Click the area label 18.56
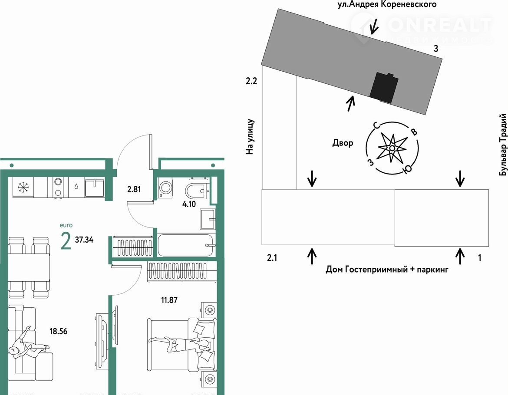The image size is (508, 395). click(58, 331)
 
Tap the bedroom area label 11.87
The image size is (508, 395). click(169, 300)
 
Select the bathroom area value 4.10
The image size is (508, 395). click(189, 204)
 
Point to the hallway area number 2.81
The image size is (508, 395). click(134, 189)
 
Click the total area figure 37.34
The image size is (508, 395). click(84, 240)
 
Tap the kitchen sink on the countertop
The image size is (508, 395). click(94, 188)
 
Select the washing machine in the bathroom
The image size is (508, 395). click(166, 189)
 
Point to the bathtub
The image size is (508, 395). click(186, 245)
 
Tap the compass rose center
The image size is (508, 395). click(392, 148)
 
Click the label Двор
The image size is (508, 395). click(343, 143)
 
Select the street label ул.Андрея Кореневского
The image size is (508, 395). click(387, 4)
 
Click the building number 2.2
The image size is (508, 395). click(251, 81)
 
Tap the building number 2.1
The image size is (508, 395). click(272, 258)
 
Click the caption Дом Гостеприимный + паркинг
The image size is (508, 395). click(387, 270)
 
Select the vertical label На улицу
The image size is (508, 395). click(250, 137)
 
